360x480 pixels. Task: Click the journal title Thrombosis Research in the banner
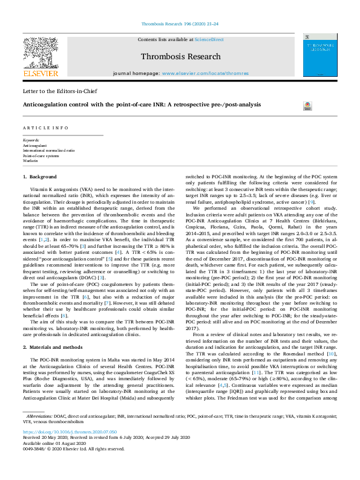pyautogui.click(x=180, y=57)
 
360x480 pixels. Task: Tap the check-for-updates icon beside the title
pyautogui.click(x=306, y=105)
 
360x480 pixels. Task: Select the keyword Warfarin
pyautogui.click(x=30, y=161)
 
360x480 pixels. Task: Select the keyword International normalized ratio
pyautogui.click(x=48, y=151)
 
